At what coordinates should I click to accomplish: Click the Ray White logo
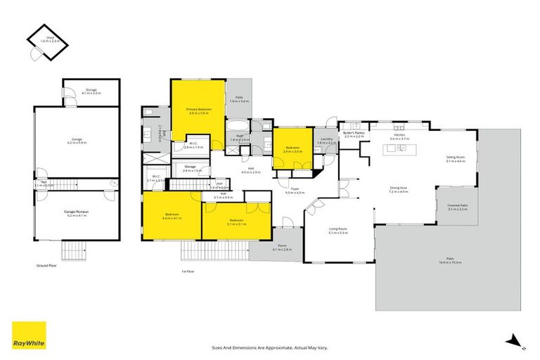click(29, 335)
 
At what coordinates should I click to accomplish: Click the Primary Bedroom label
click(198, 110)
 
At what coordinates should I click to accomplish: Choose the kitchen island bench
click(399, 148)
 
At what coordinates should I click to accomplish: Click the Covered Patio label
click(457, 206)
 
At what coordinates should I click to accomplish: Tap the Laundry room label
click(326, 139)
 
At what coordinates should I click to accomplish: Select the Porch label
click(282, 246)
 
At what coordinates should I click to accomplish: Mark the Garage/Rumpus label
click(78, 212)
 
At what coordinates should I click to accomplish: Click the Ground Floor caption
click(46, 266)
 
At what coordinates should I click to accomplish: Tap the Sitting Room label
click(456, 160)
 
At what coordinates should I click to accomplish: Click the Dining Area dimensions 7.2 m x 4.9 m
click(399, 191)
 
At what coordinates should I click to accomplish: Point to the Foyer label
click(295, 189)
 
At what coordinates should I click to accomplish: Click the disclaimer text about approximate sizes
click(270, 347)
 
